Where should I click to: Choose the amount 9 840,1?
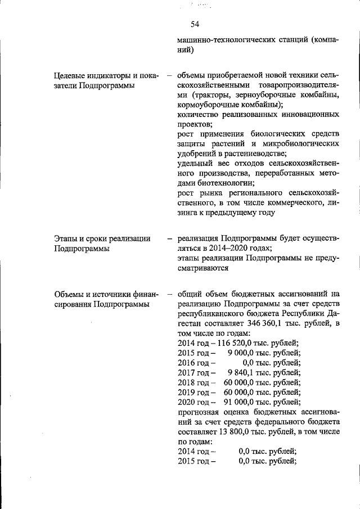click(x=242, y=372)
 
